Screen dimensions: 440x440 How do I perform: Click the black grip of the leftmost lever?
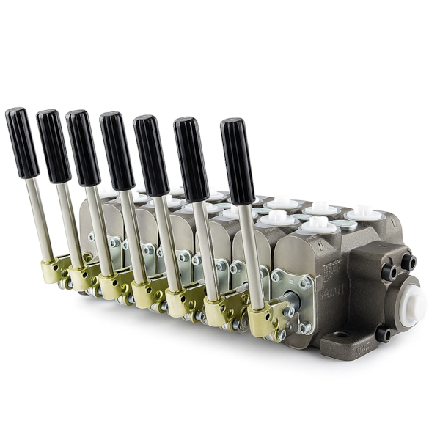(x=22, y=143)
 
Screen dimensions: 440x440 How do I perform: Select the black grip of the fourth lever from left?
(x=117, y=151)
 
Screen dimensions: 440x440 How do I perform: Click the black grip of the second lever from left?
(x=54, y=146)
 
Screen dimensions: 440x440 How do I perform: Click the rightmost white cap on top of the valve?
(x=363, y=213)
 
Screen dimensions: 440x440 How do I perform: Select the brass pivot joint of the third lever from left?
(x=109, y=285)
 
